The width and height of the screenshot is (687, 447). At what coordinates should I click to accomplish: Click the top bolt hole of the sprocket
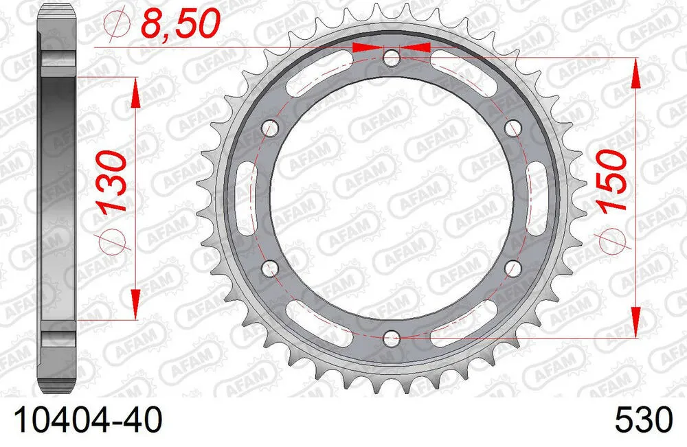point(391,58)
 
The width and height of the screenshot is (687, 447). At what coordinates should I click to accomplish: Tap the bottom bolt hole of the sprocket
point(391,337)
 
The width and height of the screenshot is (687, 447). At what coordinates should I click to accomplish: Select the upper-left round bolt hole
point(270,128)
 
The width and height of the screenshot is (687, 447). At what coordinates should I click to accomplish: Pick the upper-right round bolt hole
point(512,128)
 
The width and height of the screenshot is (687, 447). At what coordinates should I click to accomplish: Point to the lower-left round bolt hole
point(270,267)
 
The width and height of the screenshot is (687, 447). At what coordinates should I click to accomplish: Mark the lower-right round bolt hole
point(512,267)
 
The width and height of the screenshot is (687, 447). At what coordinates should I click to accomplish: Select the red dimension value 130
point(111,182)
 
